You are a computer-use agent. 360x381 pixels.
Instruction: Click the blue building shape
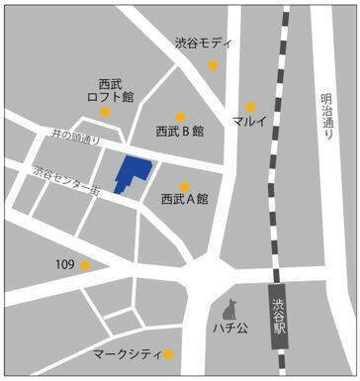[130, 173]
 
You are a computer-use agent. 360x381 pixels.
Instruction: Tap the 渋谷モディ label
[204, 45]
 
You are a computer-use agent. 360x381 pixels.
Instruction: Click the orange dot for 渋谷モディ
[213, 66]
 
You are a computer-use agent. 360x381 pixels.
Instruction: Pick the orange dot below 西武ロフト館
[107, 112]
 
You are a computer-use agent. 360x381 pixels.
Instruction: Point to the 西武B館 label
[179, 131]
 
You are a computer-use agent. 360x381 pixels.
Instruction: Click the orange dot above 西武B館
[180, 115]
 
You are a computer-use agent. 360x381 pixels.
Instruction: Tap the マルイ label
[250, 121]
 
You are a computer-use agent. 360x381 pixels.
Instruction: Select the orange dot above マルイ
[251, 106]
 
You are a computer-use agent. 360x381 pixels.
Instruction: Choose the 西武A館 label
[184, 200]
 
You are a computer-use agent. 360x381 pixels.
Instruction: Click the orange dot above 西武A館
[185, 185]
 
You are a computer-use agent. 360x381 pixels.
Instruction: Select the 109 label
[65, 265]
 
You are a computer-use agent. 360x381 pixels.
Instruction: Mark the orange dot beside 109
[86, 265]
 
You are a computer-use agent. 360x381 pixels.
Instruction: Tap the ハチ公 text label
[232, 326]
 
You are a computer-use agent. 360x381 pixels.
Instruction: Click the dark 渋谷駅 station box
[280, 316]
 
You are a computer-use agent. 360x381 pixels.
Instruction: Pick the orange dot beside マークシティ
[169, 354]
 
